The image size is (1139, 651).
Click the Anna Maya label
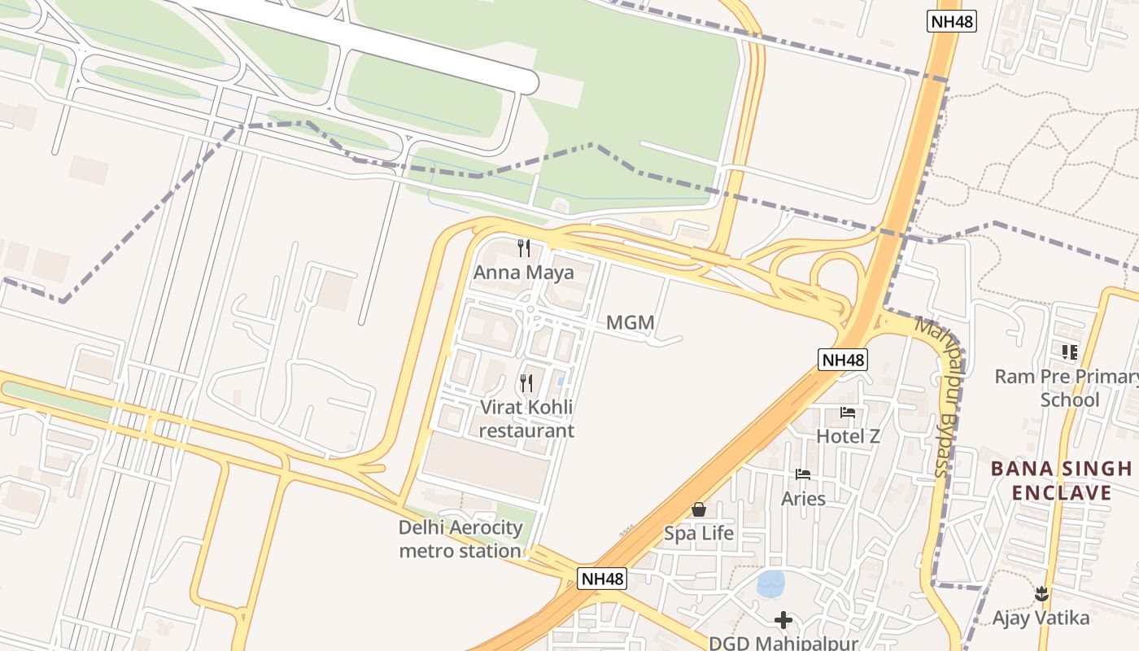click(x=523, y=273)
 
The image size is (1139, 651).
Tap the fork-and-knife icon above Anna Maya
click(x=524, y=247)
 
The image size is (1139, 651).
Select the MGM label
click(x=631, y=323)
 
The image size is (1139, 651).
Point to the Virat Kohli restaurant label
click(x=526, y=418)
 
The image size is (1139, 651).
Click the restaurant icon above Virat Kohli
click(x=526, y=382)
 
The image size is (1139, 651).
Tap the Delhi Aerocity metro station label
click(x=460, y=539)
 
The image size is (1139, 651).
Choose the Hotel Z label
click(x=848, y=436)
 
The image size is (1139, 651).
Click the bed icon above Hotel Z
click(x=848, y=413)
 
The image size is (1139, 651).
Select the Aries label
click(x=803, y=499)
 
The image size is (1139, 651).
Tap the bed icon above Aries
click(x=803, y=474)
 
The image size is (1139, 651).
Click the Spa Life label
click(x=699, y=534)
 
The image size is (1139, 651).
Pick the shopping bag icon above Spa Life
click(x=699, y=509)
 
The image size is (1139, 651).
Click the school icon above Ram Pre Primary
click(x=1069, y=352)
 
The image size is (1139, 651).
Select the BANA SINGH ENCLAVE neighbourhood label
click(x=1061, y=480)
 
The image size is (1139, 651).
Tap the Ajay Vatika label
click(x=1041, y=618)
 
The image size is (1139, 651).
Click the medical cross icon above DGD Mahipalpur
click(x=783, y=621)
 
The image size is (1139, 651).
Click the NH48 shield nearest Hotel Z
click(x=844, y=360)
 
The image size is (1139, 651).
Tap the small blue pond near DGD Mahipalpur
click(x=770, y=583)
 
